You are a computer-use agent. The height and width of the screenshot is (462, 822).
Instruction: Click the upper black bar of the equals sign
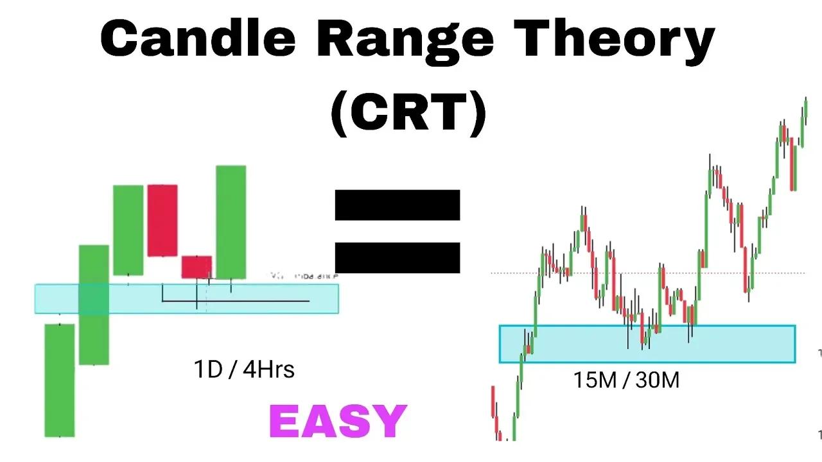point(398,205)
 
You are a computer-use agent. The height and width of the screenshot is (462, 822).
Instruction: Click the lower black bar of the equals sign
point(398,257)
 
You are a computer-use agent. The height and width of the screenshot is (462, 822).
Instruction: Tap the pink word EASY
point(338,422)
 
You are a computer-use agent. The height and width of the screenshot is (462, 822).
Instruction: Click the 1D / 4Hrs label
point(244,370)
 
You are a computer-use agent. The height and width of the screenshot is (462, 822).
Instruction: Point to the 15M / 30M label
point(626,381)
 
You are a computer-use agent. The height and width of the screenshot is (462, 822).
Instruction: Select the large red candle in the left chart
point(162,220)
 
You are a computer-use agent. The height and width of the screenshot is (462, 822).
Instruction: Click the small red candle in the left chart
point(197,266)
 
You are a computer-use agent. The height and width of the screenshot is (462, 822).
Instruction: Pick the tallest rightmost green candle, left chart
point(231,221)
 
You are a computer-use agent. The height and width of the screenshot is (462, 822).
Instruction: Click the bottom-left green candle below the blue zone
point(60,380)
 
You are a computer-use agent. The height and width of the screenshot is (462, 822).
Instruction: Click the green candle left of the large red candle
point(128,230)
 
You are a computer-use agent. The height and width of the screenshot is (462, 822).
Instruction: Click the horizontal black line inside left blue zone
point(257,300)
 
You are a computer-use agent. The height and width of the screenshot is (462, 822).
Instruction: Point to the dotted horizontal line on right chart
point(642,273)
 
